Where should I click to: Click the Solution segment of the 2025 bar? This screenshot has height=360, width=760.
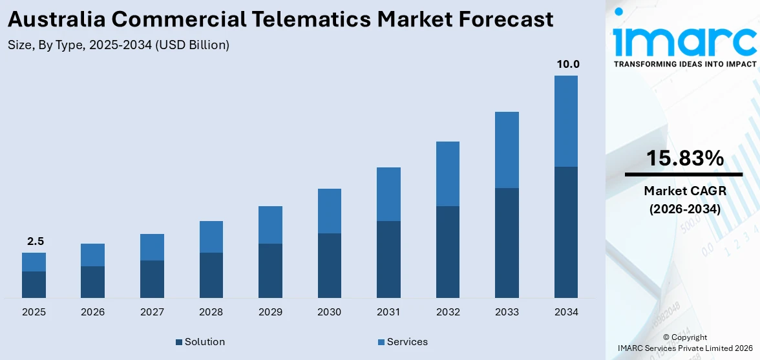tap(34, 284)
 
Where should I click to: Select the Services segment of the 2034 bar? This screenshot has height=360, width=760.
tap(565, 121)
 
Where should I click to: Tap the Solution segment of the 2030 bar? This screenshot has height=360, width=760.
tap(329, 265)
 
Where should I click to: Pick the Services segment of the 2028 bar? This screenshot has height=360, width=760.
tap(211, 237)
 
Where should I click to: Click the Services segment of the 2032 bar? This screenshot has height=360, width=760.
tap(447, 174)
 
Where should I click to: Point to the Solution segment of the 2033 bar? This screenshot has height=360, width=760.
tap(507, 242)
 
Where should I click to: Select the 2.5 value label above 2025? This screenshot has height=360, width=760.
tap(36, 241)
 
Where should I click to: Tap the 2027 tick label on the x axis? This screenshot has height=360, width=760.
tap(152, 312)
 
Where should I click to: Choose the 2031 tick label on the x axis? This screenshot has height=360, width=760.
tap(388, 312)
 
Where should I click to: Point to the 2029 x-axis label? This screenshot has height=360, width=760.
tap(270, 312)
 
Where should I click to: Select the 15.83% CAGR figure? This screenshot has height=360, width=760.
tap(684, 158)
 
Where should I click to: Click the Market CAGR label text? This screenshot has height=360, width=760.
tap(684, 191)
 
